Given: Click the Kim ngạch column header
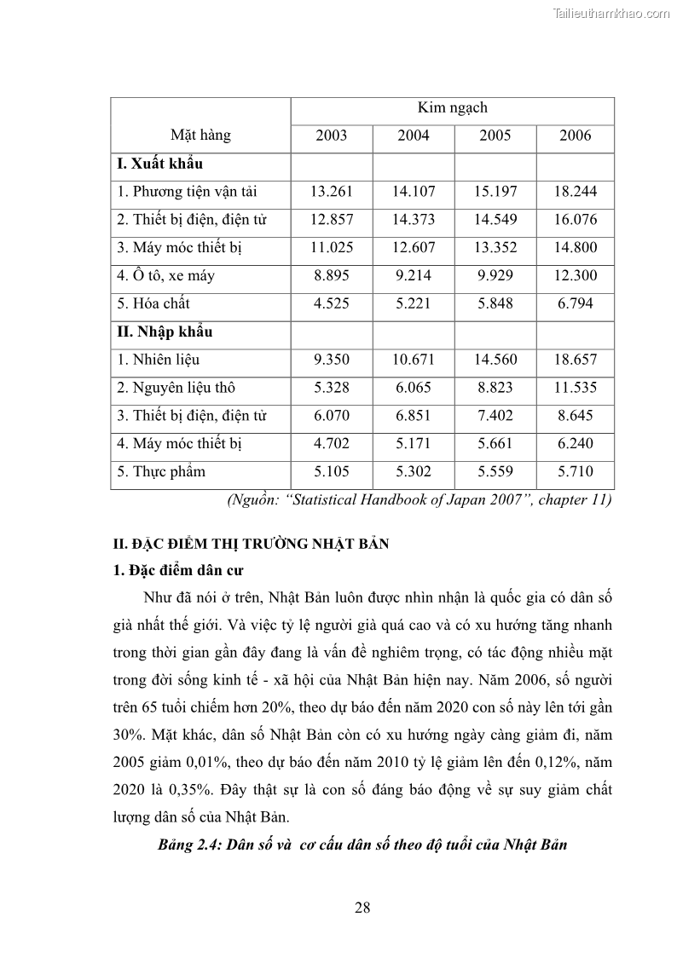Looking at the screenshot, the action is point(452,108).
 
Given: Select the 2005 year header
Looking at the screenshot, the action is point(495,135).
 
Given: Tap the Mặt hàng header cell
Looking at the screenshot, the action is point(200,135).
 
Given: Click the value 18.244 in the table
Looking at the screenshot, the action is point(576,192).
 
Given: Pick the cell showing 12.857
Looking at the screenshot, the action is point(332,220).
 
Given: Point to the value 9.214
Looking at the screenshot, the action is point(414,275).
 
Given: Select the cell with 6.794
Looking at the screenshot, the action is point(576,303).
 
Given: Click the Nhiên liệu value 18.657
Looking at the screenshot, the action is point(576,360).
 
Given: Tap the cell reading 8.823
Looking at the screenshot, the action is point(495,388).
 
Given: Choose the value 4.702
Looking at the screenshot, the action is point(332,443).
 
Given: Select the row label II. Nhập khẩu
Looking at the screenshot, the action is point(165,331).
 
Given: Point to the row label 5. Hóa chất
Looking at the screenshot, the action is point(153,303).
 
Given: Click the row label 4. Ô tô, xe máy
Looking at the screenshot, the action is point(167,275).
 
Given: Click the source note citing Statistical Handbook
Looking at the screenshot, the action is point(419,500).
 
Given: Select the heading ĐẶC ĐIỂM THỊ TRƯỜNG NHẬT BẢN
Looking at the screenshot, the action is point(252,544).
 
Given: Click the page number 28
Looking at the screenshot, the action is point(362,907).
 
